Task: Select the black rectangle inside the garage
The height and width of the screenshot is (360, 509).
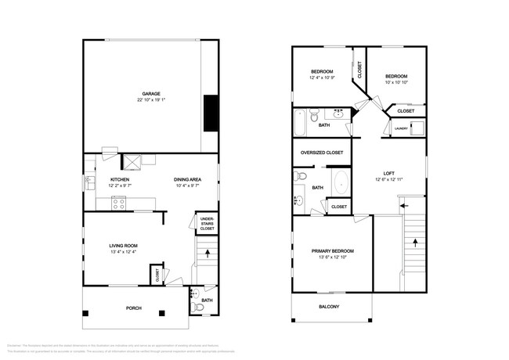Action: [209, 113]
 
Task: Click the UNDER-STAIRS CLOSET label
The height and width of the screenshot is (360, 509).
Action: [207, 223]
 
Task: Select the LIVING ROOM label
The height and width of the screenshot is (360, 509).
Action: [123, 245]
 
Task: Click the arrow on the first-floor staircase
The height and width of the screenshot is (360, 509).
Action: [207, 253]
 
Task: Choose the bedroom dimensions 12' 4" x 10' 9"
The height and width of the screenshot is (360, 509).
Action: [322, 77]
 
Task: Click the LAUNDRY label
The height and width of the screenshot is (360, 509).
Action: [401, 128]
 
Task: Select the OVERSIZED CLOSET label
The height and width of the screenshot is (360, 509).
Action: [323, 153]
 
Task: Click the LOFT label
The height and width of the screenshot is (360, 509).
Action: [388, 174]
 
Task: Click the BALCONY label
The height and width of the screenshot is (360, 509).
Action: [329, 306]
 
